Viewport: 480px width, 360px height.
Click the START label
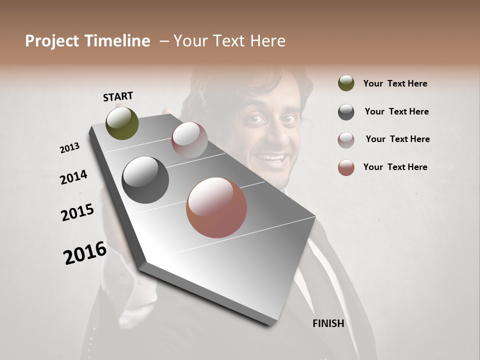[118, 96]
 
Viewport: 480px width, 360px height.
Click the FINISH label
[328, 323]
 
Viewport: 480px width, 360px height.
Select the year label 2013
[69, 148]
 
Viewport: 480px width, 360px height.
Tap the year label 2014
[73, 177]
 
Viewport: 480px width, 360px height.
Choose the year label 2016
[85, 253]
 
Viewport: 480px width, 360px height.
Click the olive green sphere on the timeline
[122, 123]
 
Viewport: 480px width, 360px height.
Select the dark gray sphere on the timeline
[145, 180]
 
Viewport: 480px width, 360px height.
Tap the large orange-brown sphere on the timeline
[216, 207]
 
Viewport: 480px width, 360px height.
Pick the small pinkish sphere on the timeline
[189, 140]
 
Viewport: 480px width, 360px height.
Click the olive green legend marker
[346, 83]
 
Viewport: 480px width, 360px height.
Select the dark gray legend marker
[346, 112]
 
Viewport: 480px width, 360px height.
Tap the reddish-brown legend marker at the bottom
[346, 167]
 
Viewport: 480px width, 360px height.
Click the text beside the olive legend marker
[395, 83]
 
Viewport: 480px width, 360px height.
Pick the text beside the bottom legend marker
[395, 167]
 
